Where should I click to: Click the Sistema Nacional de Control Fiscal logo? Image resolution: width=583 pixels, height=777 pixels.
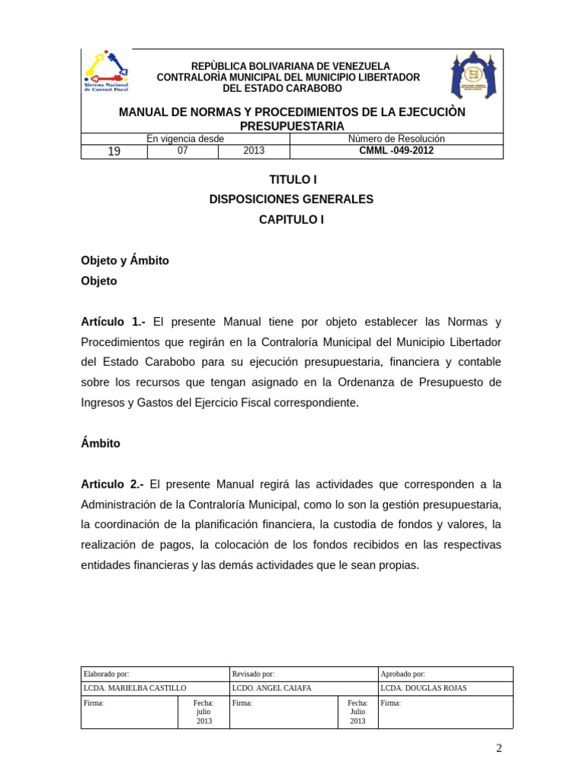point(106,72)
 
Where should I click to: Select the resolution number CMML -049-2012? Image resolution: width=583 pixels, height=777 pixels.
point(396,151)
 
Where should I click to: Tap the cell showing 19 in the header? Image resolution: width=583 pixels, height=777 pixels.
point(114,152)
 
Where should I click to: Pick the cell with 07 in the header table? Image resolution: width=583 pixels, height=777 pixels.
point(182,151)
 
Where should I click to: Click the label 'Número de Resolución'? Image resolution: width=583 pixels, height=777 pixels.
point(396,139)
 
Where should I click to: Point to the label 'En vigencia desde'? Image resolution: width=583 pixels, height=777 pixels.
point(185,139)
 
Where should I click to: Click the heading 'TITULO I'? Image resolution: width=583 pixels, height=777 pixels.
point(292,180)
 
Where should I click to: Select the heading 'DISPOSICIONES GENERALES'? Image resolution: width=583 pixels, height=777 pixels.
point(291,200)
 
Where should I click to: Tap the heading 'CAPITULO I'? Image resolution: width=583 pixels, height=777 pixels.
point(291,220)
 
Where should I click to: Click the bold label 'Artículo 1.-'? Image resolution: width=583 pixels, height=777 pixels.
point(113,322)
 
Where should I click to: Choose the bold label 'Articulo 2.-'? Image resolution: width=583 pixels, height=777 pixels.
point(112,484)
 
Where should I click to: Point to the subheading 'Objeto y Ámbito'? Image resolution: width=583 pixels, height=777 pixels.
point(125,260)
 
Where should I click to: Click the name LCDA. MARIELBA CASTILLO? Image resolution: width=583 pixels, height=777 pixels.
point(134,688)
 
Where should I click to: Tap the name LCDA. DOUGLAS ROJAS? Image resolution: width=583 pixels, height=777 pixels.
point(424,688)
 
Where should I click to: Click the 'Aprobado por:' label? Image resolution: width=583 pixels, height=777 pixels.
point(403,674)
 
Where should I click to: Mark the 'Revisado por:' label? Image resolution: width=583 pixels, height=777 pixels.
point(254,674)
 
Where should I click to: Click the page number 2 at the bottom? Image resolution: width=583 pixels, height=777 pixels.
point(499,748)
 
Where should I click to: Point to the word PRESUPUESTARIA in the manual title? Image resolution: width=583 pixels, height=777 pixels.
point(292,126)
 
